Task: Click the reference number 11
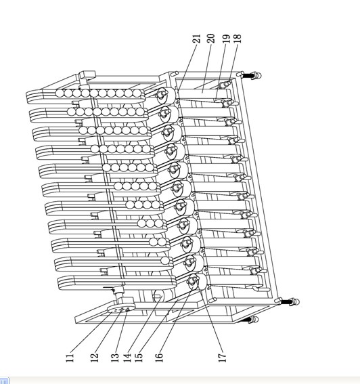tap(70, 358)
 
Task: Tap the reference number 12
tap(94, 358)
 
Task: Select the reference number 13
tap(115, 358)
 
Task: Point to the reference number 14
tap(127, 358)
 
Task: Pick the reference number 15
tap(139, 358)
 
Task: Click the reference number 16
tap(159, 358)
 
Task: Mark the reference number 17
tap(223, 358)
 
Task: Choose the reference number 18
tap(238, 39)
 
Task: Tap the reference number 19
tap(227, 39)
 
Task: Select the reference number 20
tap(211, 39)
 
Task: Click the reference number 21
tap(196, 39)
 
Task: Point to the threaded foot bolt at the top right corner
tap(251, 75)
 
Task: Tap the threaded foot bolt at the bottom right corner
tap(290, 301)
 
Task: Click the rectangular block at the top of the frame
tap(87, 74)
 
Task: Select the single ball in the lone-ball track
tap(165, 261)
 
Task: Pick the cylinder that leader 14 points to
tap(163, 296)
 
